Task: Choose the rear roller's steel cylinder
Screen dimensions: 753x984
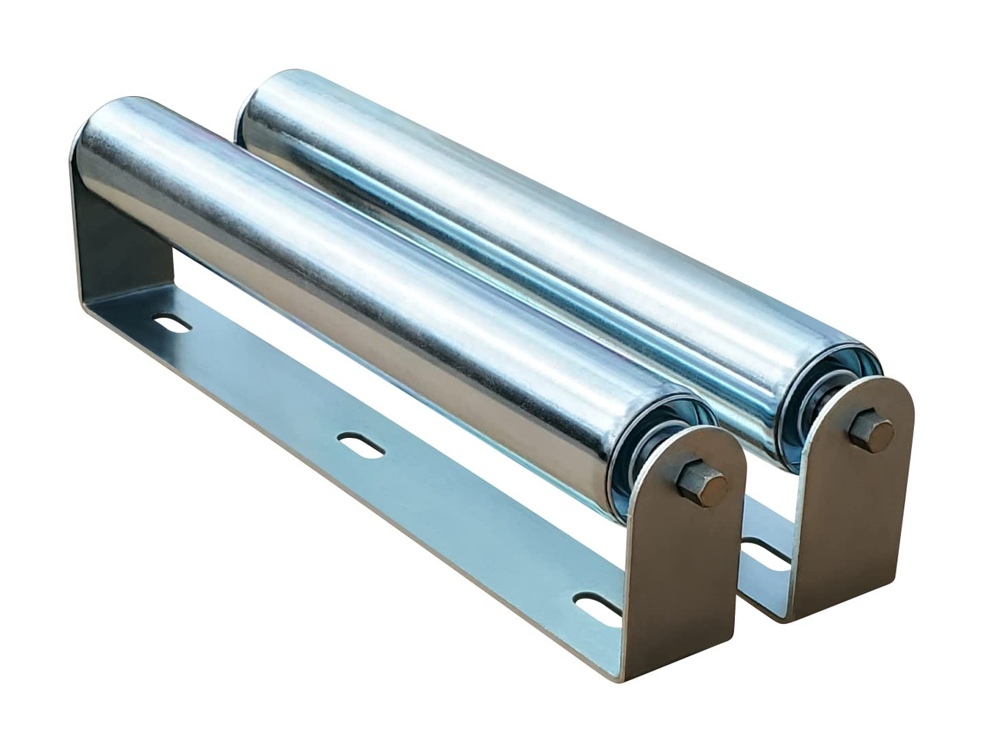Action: (538, 231)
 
